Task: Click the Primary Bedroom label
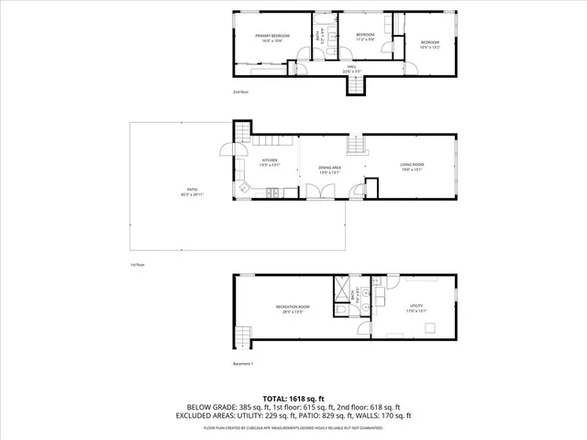[272, 37]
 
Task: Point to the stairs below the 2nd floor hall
[355, 84]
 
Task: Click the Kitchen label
[269, 163]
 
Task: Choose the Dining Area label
[330, 168]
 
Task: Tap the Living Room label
[411, 166]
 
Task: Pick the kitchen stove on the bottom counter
[272, 192]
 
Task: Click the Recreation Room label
[293, 308]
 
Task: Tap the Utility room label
[417, 308]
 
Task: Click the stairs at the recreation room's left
[243, 335]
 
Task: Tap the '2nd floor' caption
[240, 93]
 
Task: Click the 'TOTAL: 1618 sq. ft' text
[293, 398]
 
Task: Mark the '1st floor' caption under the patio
[138, 264]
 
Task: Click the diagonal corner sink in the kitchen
[244, 188]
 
